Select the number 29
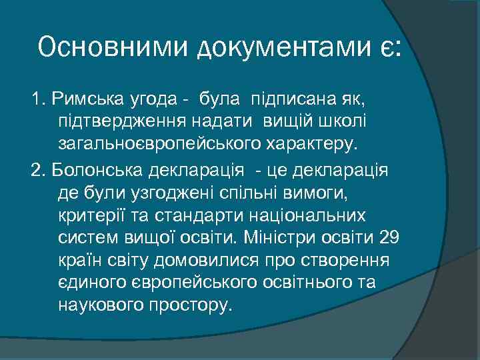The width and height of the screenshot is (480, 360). click(x=389, y=237)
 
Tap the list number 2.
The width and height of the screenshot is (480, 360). click(x=36, y=169)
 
